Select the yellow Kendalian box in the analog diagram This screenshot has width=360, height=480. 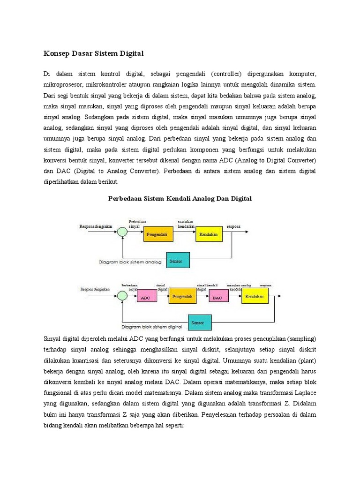click(x=209, y=234)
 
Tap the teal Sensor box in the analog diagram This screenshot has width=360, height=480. click(x=178, y=260)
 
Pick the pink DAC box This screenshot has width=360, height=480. click(x=217, y=298)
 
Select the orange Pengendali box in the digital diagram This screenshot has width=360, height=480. click(x=182, y=296)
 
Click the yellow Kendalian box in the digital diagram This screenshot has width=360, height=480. click(x=255, y=296)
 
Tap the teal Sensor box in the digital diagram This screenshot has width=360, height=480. click(x=201, y=322)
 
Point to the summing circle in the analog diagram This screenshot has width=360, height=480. click(x=122, y=231)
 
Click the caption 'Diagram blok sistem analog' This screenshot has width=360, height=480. click(x=131, y=262)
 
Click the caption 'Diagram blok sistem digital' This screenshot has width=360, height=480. click(x=151, y=327)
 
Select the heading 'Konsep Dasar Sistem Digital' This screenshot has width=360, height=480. click(x=93, y=54)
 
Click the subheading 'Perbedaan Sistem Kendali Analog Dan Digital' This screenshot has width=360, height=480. click(x=180, y=199)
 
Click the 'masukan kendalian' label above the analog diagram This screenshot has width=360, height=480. click(x=186, y=224)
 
